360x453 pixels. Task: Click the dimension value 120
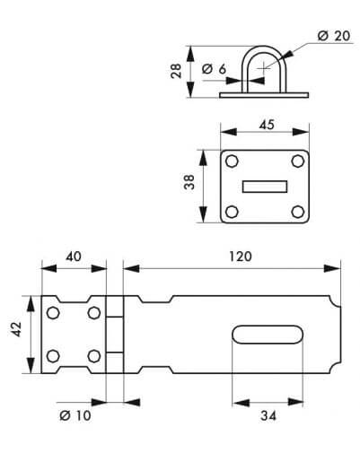[241, 257]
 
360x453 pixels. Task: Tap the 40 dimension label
[74, 257]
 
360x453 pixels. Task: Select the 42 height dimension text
[16, 329]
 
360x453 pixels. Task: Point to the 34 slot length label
[268, 415]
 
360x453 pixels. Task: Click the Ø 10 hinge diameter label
[75, 415]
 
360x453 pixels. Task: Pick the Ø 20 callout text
[334, 36]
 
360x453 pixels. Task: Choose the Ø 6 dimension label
[214, 69]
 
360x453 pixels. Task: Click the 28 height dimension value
[176, 71]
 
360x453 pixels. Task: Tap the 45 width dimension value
[267, 125]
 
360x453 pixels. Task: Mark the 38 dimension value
[189, 182]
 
